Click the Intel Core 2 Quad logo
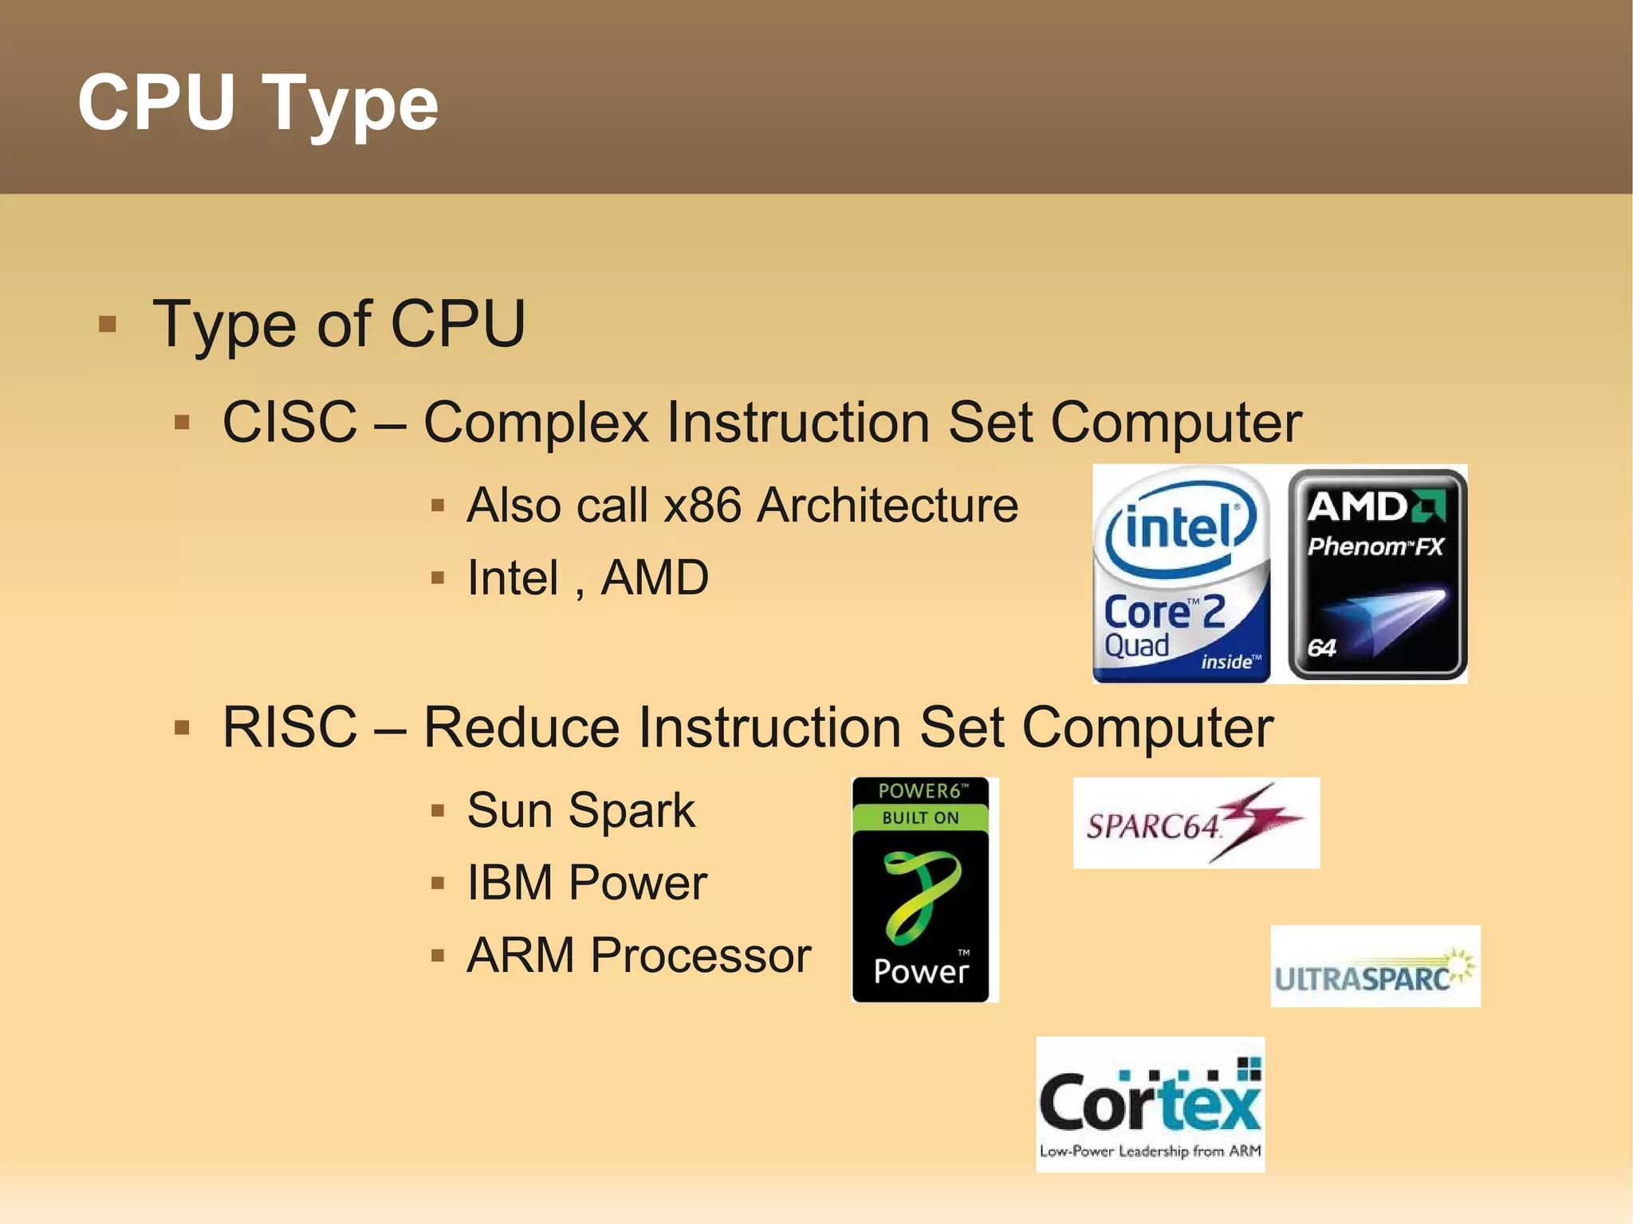tap(1181, 574)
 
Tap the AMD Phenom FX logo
tap(1377, 574)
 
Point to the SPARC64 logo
tap(1196, 823)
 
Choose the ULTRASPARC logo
tap(1375, 966)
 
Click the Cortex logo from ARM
tap(1150, 1104)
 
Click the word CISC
tap(289, 422)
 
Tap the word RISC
tap(289, 727)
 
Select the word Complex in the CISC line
tap(536, 423)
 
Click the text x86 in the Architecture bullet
tap(702, 506)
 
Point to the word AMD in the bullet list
tap(655, 577)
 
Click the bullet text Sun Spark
tap(580, 810)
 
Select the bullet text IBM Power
tap(587, 883)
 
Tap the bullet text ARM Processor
tap(639, 955)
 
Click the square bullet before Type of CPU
tap(108, 325)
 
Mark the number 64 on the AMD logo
tap(1321, 647)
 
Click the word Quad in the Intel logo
tap(1136, 645)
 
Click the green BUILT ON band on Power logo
tap(920, 818)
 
